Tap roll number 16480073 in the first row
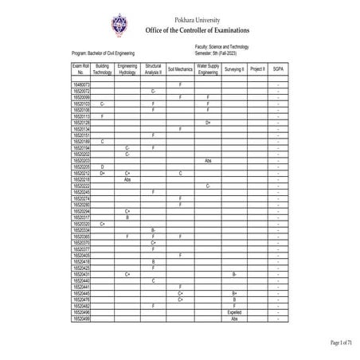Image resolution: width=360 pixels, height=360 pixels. pos(81,84)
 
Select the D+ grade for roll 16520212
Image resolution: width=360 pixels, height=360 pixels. pos(103,172)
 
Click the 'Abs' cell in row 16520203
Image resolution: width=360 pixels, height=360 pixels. pos(207,160)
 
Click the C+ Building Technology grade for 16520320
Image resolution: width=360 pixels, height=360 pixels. pos(103,224)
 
